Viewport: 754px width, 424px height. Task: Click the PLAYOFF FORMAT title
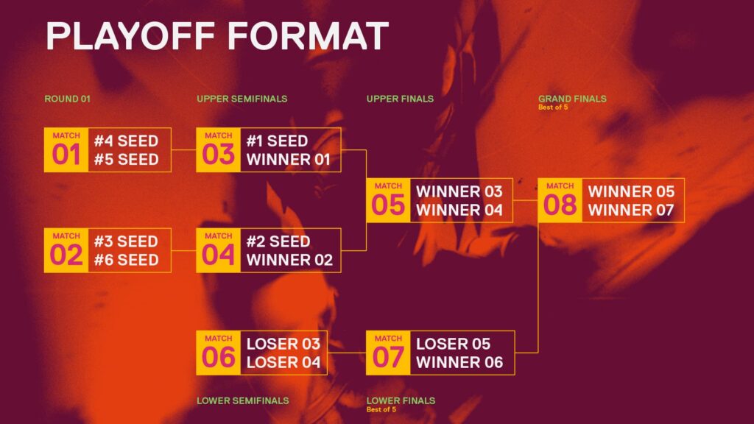(x=217, y=36)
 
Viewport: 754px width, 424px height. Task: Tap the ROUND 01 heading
(x=67, y=99)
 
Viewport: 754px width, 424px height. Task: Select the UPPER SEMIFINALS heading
(x=242, y=99)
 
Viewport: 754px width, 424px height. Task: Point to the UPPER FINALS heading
(x=400, y=99)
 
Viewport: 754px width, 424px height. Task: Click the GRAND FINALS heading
(x=572, y=98)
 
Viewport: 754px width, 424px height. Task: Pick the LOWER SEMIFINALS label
(x=242, y=401)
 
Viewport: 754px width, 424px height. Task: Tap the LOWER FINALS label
(x=401, y=401)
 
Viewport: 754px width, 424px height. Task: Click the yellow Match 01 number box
(x=66, y=150)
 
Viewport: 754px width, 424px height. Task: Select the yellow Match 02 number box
(x=66, y=250)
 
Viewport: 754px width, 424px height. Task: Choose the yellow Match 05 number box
(x=388, y=201)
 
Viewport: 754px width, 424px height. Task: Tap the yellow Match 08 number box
(x=560, y=201)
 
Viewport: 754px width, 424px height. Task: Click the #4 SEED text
(x=126, y=141)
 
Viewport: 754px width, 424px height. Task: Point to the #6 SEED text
(x=126, y=260)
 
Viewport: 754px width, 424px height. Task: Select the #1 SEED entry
(x=277, y=141)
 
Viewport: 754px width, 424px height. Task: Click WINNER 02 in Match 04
(x=289, y=260)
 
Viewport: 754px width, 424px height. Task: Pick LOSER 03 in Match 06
(x=283, y=344)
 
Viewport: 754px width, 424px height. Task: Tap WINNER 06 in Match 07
(x=459, y=362)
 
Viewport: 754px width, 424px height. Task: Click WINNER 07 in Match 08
(x=631, y=211)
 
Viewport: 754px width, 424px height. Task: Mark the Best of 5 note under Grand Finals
(x=553, y=107)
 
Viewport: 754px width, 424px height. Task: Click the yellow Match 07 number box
(x=388, y=353)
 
